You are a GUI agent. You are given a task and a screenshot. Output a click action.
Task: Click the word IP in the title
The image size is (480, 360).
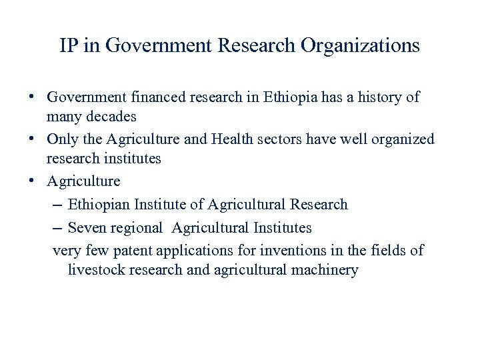(x=69, y=46)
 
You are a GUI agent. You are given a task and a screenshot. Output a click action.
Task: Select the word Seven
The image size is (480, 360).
(x=87, y=227)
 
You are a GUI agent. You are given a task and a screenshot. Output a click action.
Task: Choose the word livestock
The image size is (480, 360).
(x=97, y=270)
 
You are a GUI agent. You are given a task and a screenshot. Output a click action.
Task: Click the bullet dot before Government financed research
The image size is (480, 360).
(x=32, y=97)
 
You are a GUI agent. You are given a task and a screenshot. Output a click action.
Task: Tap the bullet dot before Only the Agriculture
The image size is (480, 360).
(x=32, y=139)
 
